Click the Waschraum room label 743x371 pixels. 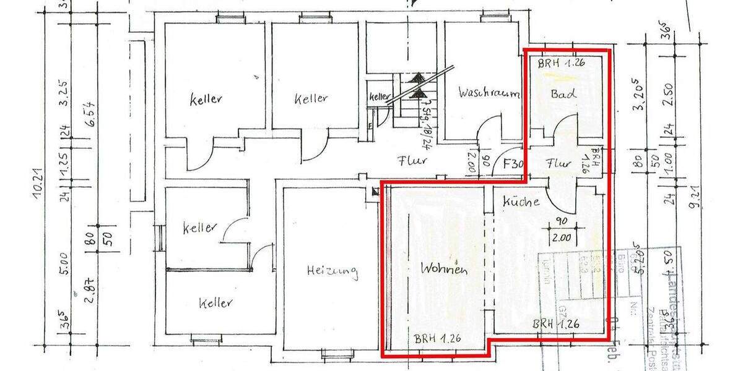489,93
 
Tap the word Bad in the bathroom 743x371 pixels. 563,94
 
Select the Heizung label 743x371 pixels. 332,270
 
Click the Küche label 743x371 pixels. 521,201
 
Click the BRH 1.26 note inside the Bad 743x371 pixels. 562,63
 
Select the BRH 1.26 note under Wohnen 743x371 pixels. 438,339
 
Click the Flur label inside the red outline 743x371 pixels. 558,164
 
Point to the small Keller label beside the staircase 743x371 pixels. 380,97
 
